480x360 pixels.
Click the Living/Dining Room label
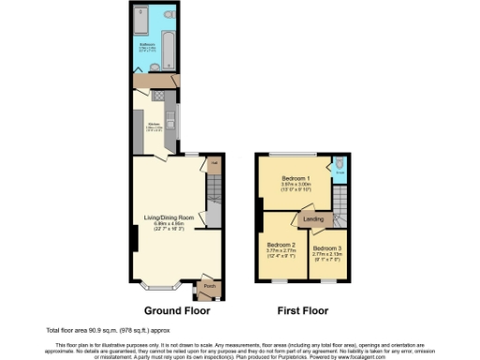point(170,218)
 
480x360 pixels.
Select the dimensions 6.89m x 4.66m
point(170,224)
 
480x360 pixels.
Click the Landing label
point(313,219)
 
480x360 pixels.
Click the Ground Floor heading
point(176,309)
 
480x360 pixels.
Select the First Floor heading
point(301,309)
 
